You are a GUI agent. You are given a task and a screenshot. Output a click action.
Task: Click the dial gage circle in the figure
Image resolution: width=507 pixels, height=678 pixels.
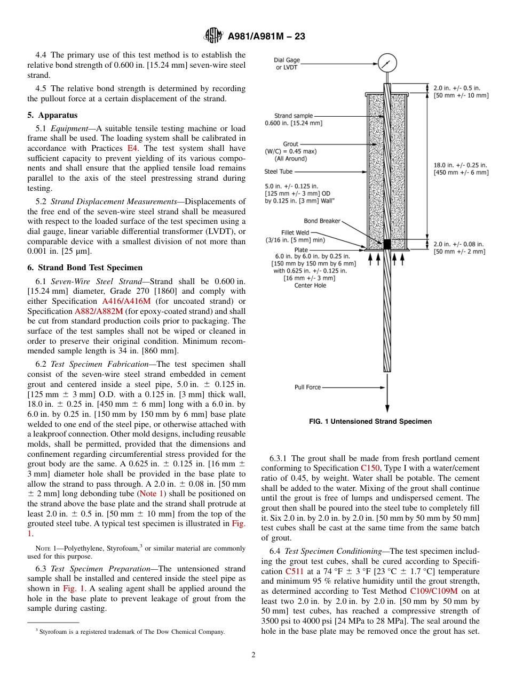click(387, 63)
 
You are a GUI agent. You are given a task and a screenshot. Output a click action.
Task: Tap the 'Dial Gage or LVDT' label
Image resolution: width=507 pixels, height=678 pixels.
click(287, 64)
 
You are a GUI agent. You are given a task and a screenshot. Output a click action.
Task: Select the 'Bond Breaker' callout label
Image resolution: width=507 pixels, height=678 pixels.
click(322, 221)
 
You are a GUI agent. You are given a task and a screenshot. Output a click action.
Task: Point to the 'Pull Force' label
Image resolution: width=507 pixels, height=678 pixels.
click(307, 387)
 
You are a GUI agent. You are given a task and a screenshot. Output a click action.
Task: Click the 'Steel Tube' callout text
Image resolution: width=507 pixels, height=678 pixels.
click(278, 172)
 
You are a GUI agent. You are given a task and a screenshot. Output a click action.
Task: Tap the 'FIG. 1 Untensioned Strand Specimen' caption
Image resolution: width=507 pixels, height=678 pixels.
click(370, 422)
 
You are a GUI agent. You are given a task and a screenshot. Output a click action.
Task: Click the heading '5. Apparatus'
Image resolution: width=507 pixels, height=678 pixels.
click(52, 115)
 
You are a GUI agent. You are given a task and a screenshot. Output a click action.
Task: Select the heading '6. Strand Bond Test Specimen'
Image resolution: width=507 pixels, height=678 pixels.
click(85, 268)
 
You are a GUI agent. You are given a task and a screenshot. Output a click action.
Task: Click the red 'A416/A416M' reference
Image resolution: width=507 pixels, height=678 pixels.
click(126, 301)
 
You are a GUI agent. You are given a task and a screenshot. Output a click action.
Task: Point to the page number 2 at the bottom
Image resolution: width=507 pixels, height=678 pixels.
click(253, 655)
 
